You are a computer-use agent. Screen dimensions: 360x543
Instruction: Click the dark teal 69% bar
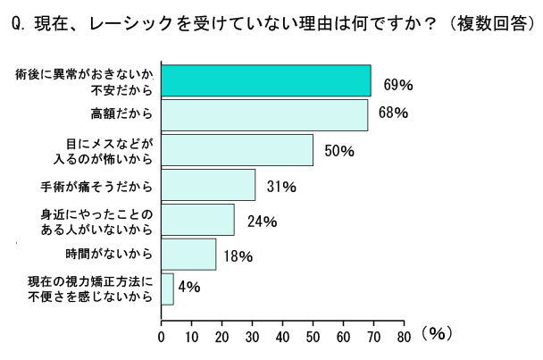[265, 80]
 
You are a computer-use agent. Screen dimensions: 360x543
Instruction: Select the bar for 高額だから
[263, 115]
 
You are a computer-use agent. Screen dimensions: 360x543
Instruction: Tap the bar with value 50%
[237, 150]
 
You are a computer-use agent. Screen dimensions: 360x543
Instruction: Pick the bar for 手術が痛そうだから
[208, 185]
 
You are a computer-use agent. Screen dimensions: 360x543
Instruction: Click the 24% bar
[197, 220]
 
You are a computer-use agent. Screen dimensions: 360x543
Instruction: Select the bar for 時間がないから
[188, 255]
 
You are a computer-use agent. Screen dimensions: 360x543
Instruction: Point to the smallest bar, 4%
[167, 289]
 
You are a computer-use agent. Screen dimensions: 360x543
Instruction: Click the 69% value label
[397, 85]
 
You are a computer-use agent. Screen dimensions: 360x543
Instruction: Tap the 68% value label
[393, 113]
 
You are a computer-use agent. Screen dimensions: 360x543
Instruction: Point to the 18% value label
[238, 256]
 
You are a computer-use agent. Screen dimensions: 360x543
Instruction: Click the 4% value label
[189, 287]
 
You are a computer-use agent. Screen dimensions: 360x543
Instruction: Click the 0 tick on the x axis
[161, 338]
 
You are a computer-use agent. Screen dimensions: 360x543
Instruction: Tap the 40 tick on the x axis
[282, 338]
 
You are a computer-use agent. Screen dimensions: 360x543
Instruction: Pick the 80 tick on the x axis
[403, 338]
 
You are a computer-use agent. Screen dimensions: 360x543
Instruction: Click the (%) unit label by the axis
[437, 334]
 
